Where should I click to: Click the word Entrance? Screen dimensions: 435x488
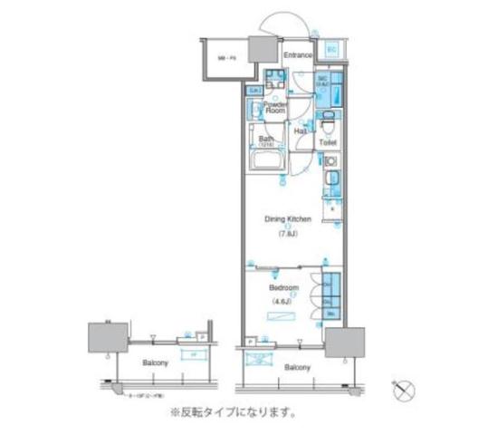coord(297,56)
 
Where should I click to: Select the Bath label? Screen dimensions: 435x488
coord(265,139)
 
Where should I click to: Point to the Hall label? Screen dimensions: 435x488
coord(301,130)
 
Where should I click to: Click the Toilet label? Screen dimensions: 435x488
coord(329,143)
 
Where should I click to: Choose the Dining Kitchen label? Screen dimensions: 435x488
coord(289,219)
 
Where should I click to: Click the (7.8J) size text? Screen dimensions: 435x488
coord(288,233)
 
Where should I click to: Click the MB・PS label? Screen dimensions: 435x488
coord(226,58)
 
